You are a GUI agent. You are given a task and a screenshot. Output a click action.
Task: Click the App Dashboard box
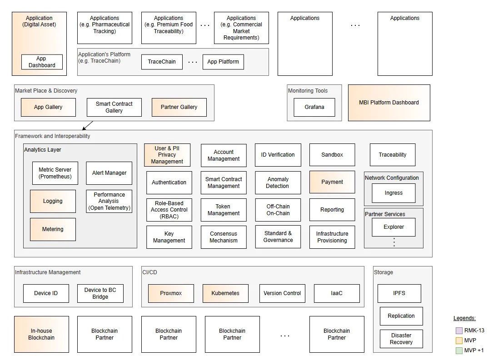pyautogui.click(x=42, y=62)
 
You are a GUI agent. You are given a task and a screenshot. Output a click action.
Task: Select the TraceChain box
pyautogui.click(x=162, y=62)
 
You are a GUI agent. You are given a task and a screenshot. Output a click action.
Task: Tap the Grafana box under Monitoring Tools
pyautogui.click(x=314, y=107)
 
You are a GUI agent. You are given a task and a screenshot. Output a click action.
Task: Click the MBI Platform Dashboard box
pyautogui.click(x=389, y=103)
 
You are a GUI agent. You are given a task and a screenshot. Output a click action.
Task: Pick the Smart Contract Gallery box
pyautogui.click(x=114, y=107)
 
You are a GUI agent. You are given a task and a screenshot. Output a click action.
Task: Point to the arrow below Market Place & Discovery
pyautogui.click(x=88, y=125)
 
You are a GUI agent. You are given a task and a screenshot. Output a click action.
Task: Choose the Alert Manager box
pyautogui.click(x=109, y=173)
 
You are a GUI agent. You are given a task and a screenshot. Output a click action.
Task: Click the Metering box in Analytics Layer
pyautogui.click(x=53, y=229)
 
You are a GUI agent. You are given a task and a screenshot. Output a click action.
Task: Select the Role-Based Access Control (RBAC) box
pyautogui.click(x=169, y=210)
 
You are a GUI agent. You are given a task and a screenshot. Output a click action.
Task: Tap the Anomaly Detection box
pyautogui.click(x=278, y=182)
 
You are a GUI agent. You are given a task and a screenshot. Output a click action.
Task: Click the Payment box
pyautogui.click(x=332, y=182)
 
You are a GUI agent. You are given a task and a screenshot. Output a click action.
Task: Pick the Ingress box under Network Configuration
pyautogui.click(x=393, y=193)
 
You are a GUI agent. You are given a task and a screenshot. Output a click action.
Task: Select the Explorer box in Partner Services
pyautogui.click(x=393, y=227)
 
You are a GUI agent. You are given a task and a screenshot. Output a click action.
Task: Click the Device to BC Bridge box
pyautogui.click(x=100, y=293)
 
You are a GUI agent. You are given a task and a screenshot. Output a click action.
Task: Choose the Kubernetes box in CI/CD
pyautogui.click(x=225, y=293)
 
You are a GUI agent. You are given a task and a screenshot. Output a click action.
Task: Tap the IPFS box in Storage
pyautogui.click(x=399, y=293)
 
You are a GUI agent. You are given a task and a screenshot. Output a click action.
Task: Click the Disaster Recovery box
pyautogui.click(x=401, y=339)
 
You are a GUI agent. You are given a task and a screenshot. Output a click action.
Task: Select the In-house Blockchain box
pyautogui.click(x=41, y=334)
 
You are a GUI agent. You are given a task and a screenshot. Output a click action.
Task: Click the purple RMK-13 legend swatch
pyautogui.click(x=458, y=330)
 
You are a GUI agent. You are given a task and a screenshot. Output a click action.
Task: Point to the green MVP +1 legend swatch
pyautogui.click(x=458, y=350)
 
